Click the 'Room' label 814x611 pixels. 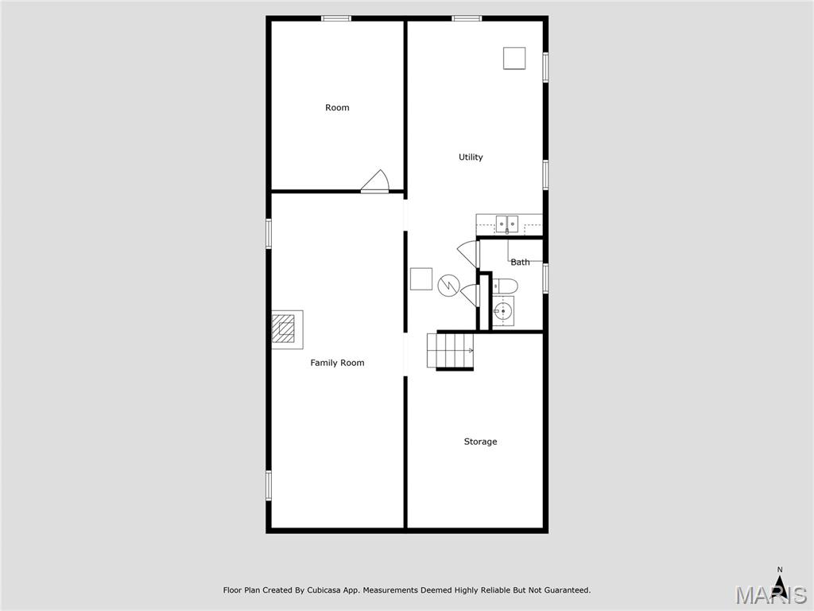point(337,107)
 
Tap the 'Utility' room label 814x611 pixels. point(471,157)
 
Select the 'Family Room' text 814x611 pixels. point(337,363)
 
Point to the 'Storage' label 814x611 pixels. point(480,442)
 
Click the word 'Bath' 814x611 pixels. point(520,262)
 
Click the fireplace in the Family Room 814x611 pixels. point(285,329)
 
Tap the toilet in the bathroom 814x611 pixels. point(505,286)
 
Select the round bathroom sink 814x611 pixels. point(502,311)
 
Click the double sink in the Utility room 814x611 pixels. point(507,224)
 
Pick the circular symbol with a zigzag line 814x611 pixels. point(449,285)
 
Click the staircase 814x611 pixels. point(450,351)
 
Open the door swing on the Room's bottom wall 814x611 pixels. point(375,182)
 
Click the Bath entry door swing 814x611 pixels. point(469,254)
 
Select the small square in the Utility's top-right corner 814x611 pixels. point(514,58)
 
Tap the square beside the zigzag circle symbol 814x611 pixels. point(421,279)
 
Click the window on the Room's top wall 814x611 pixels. point(336,18)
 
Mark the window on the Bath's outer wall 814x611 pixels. point(545,278)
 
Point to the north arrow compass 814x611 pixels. point(780,584)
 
